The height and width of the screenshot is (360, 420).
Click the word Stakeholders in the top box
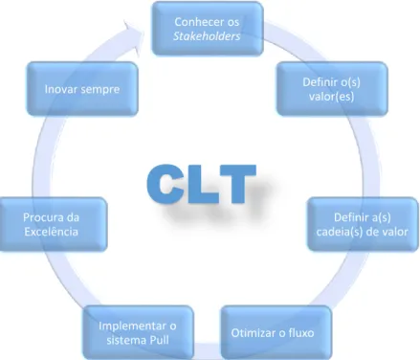pyautogui.click(x=207, y=36)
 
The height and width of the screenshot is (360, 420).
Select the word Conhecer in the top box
pyautogui.click(x=195, y=22)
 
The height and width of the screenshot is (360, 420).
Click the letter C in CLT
pyautogui.click(x=166, y=184)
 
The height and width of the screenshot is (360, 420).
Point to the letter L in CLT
pyautogui.click(x=202, y=184)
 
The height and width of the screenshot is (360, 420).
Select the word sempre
pyautogui.click(x=100, y=90)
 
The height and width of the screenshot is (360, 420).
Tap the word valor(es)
pyautogui.click(x=332, y=97)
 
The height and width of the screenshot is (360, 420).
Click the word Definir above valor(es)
pyautogui.click(x=321, y=82)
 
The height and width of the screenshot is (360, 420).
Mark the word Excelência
pyautogui.click(x=52, y=232)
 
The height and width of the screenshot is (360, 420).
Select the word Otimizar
pyautogui.click(x=252, y=333)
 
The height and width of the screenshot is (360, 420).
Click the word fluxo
pyautogui.click(x=300, y=333)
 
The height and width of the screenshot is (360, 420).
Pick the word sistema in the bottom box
pyautogui.click(x=125, y=340)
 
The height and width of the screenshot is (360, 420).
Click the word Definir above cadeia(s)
pyautogui.click(x=351, y=217)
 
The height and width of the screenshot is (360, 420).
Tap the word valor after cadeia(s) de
pyautogui.click(x=397, y=232)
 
